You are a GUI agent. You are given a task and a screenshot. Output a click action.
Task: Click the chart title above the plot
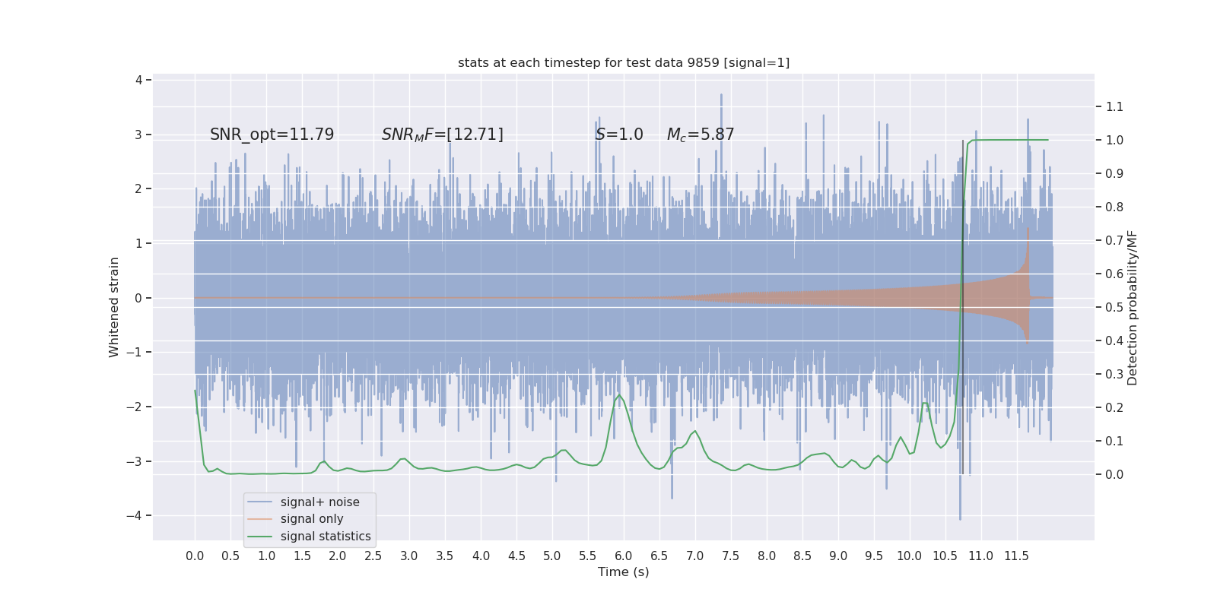tap(623, 63)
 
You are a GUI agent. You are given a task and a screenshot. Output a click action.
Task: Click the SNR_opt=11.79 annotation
tap(272, 135)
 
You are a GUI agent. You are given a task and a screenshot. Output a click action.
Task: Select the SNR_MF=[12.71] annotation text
tap(442, 135)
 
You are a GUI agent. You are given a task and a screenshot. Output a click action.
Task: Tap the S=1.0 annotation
tap(619, 135)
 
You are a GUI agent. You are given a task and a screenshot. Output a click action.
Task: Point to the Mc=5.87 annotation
tap(701, 135)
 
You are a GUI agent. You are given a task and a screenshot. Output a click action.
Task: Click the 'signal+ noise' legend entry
tap(319, 502)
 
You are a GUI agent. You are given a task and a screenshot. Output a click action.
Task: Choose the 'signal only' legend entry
tap(312, 519)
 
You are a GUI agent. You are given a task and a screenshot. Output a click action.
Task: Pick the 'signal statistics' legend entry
tap(326, 537)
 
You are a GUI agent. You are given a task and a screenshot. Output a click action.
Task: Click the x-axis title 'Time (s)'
tap(623, 572)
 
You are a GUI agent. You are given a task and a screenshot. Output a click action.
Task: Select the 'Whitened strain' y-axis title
tap(114, 307)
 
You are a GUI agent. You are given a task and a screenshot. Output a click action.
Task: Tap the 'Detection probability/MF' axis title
tap(1133, 307)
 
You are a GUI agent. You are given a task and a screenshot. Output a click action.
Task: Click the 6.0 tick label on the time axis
tap(624, 556)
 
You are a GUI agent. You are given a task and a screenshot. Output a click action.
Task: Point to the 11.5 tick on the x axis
tap(1016, 556)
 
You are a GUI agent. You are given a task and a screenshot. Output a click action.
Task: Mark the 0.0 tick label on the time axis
tap(195, 556)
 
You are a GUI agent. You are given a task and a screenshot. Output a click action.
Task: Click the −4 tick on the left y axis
tap(138, 515)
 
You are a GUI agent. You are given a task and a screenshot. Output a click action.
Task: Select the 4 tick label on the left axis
tap(139, 80)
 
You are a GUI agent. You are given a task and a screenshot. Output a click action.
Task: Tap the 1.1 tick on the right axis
tap(1114, 106)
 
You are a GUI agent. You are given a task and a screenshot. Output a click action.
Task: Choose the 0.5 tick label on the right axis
tap(1114, 307)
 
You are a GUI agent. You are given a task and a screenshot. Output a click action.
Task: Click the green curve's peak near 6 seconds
tap(619, 394)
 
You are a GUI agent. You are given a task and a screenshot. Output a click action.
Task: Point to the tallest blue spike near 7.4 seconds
tap(721, 96)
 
